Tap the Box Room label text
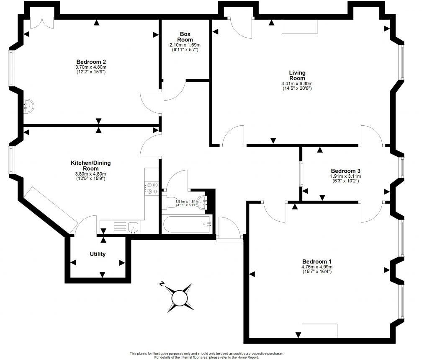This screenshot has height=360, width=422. click(x=185, y=36)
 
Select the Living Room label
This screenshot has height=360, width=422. click(x=297, y=75)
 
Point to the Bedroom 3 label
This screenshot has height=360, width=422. click(x=345, y=171)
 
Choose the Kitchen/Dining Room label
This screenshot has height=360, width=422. click(x=90, y=166)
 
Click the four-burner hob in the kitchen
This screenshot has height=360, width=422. click(x=151, y=188)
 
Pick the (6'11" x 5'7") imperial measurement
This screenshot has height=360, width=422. click(x=185, y=49)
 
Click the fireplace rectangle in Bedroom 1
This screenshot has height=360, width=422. click(x=319, y=331)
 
